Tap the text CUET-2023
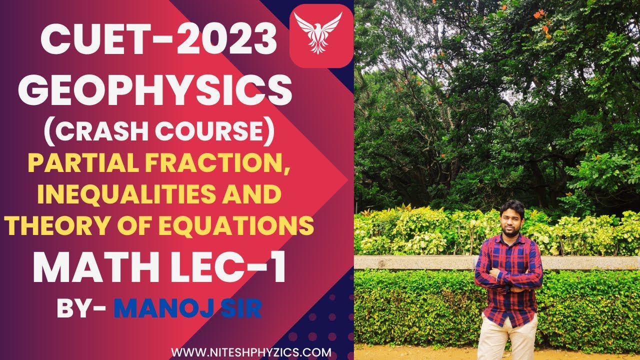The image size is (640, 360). tap(158, 39)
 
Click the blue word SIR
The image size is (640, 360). tap(242, 308)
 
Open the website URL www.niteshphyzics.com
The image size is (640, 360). tap(251, 352)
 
